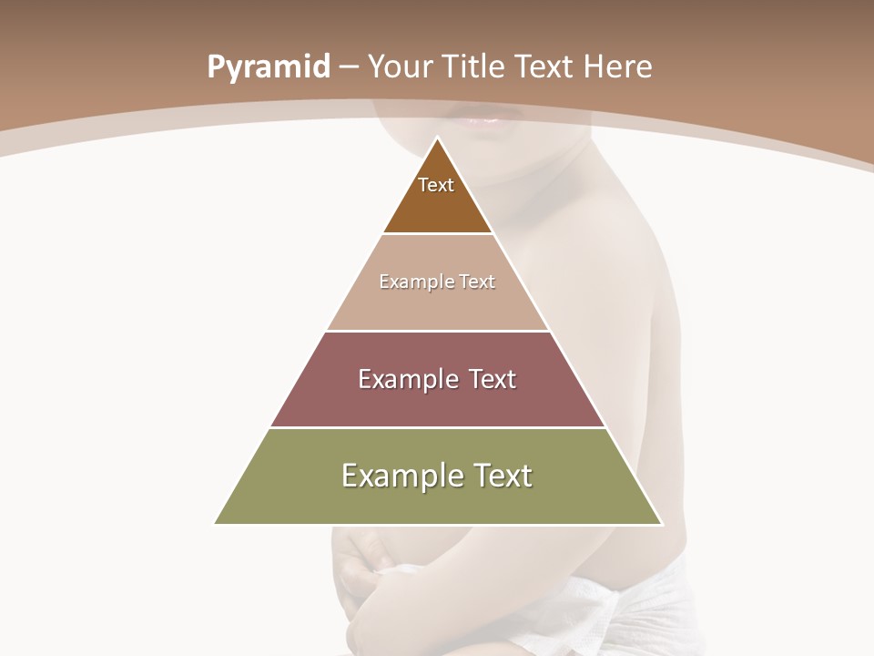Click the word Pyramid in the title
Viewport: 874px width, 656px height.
[x=268, y=67]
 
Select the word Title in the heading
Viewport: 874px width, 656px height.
[x=474, y=67]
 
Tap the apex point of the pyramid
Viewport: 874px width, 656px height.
[x=438, y=138]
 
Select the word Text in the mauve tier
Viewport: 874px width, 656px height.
[x=489, y=379]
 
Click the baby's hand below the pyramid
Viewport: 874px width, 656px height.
[x=369, y=574]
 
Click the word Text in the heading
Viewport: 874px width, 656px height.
[x=546, y=67]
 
